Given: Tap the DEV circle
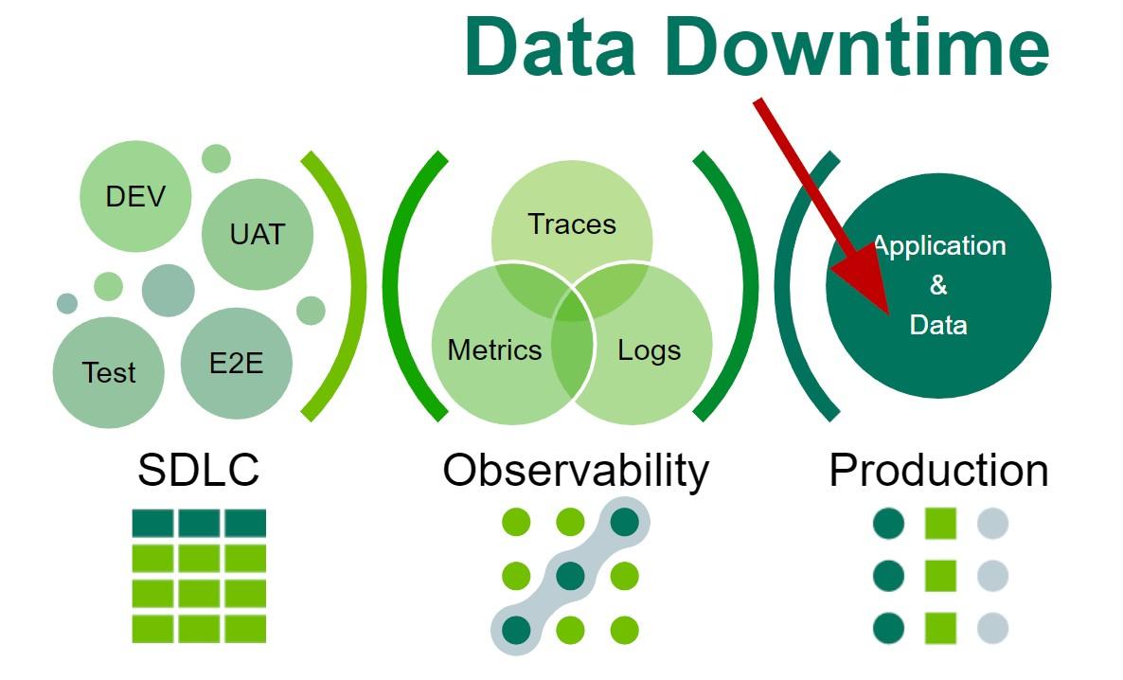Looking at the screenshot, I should pyautogui.click(x=135, y=197).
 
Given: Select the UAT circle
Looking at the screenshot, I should pyautogui.click(x=258, y=234).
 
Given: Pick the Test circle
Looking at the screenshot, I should pyautogui.click(x=109, y=372).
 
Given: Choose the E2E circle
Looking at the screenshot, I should pyautogui.click(x=237, y=362).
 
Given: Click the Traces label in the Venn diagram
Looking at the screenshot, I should pyautogui.click(x=572, y=224).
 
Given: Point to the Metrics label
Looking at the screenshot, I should pyautogui.click(x=494, y=350).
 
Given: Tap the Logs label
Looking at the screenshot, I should pyautogui.click(x=650, y=350).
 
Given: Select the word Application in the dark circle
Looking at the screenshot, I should pyautogui.click(x=939, y=246).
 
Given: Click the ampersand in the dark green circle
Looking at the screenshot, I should pyautogui.click(x=938, y=285).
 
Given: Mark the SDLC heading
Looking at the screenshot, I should pyautogui.click(x=199, y=470).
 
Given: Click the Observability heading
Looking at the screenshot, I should pyautogui.click(x=576, y=470).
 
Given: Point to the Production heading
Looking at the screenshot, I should pyautogui.click(x=938, y=470).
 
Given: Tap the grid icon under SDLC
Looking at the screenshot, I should pyautogui.click(x=199, y=576).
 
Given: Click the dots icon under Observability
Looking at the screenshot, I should pyautogui.click(x=570, y=576).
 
